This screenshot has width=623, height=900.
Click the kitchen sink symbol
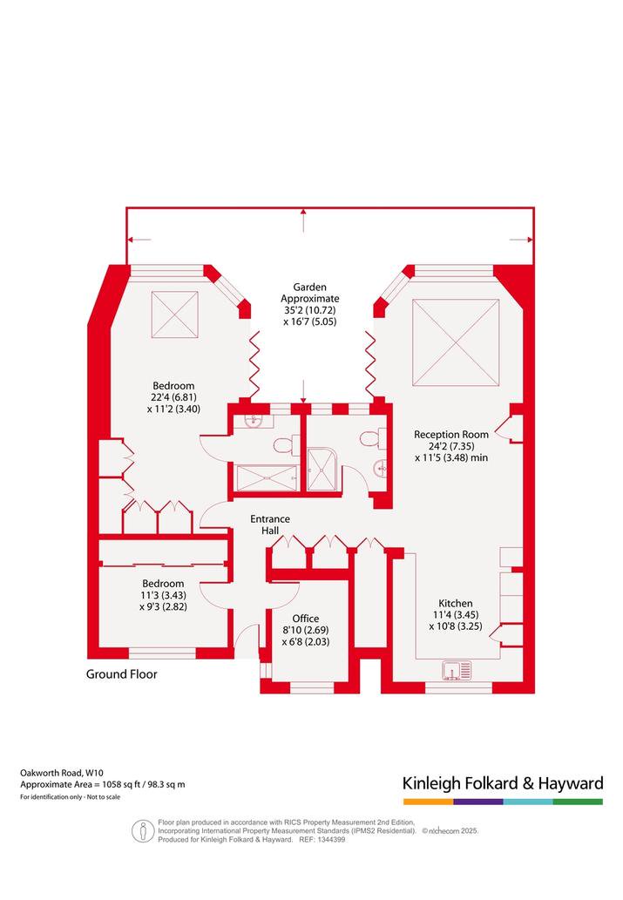click(x=457, y=670)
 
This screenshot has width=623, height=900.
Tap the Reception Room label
click(x=451, y=435)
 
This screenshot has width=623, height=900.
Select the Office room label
click(x=306, y=619)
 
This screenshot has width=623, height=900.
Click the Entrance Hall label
click(x=270, y=524)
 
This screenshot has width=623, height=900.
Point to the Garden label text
click(x=309, y=287)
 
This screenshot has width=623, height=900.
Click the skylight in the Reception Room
click(x=456, y=342)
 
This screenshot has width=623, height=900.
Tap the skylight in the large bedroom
click(x=174, y=314)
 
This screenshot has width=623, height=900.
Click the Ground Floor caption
click(x=122, y=673)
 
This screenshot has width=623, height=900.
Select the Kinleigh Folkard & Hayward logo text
click(x=503, y=783)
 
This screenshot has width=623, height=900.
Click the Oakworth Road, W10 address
click(x=62, y=773)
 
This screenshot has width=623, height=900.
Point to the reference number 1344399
click(x=331, y=839)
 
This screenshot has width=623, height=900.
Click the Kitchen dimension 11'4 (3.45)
click(x=456, y=615)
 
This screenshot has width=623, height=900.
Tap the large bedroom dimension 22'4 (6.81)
click(x=173, y=397)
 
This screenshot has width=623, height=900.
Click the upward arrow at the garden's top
click(x=303, y=221)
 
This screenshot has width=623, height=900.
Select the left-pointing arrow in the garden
click(x=139, y=240)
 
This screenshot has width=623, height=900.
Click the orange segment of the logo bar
click(x=428, y=802)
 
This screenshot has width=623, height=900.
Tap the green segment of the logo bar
click(x=579, y=802)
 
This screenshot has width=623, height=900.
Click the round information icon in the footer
click(x=142, y=831)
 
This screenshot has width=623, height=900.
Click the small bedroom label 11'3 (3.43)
click(x=164, y=595)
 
